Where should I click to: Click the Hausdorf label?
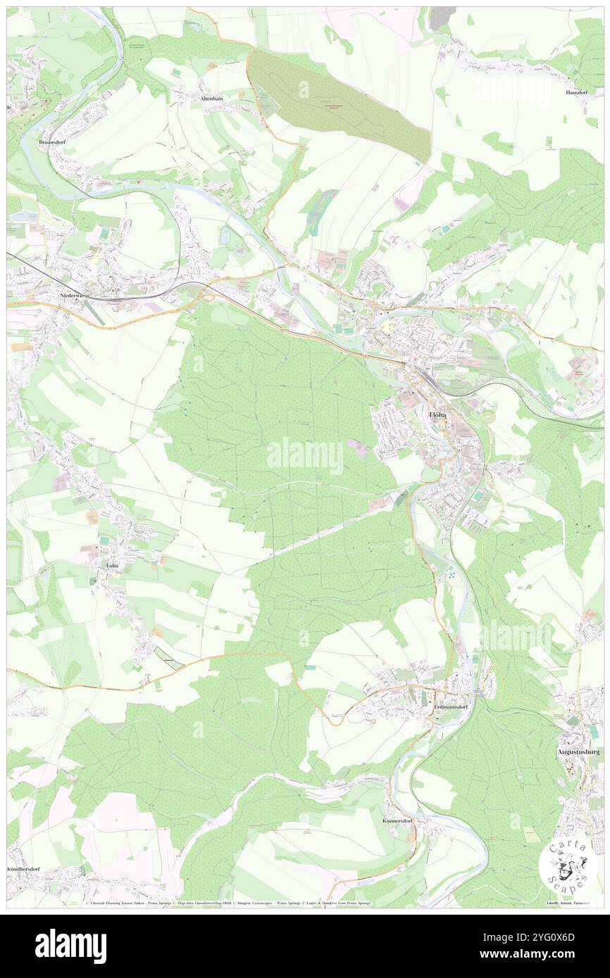tap(575, 92)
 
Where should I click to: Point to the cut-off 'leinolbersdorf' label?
tap(24, 870)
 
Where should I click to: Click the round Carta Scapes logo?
tap(563, 865)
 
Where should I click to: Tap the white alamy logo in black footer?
tap(71, 946)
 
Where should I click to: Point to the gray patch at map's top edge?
tap(440, 17)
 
